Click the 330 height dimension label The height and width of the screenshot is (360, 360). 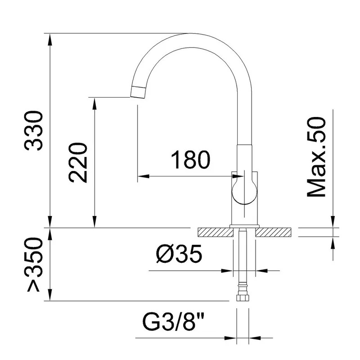point(33,130)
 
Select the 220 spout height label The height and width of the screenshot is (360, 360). point(78,162)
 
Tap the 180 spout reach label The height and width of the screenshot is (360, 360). point(191,160)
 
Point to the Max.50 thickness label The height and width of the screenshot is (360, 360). point(316,157)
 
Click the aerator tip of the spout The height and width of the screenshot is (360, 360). point(138,92)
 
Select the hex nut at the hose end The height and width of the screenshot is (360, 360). point(243,297)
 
